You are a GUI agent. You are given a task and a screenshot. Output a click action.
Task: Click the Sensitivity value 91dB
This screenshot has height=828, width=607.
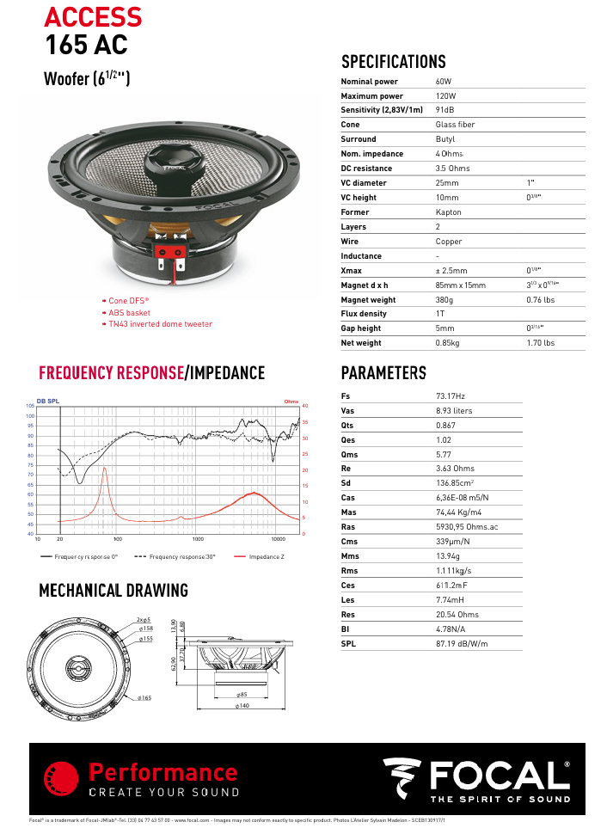(x=445, y=110)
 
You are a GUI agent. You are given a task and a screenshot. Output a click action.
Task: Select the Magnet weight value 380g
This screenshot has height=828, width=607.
(x=446, y=300)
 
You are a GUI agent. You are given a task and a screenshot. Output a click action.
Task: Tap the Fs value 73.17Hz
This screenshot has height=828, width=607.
(x=451, y=396)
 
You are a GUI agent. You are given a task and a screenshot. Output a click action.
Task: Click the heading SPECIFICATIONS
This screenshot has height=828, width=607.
(x=394, y=62)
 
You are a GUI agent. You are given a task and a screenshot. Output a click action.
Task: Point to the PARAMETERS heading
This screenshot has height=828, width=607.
(x=383, y=373)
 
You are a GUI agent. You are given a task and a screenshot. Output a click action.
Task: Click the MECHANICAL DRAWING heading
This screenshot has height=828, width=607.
(x=113, y=591)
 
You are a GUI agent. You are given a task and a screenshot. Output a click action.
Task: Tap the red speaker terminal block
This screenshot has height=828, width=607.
(x=171, y=251)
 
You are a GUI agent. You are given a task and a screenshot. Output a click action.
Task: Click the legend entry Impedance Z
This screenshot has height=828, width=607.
(x=267, y=557)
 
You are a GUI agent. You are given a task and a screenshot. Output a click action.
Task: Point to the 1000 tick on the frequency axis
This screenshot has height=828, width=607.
(x=199, y=539)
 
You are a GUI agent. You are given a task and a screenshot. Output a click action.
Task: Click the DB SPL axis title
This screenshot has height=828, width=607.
(x=48, y=402)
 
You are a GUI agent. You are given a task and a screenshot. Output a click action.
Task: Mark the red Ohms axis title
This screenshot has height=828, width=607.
(x=291, y=402)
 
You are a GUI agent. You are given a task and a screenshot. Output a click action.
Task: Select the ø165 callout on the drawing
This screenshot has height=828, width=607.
(x=144, y=698)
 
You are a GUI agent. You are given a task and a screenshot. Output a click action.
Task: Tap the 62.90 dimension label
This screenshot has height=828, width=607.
(x=173, y=663)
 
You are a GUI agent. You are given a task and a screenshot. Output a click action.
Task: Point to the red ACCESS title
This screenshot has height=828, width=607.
(x=93, y=16)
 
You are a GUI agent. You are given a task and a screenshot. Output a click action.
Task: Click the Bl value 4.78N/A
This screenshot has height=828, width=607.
(x=450, y=630)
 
